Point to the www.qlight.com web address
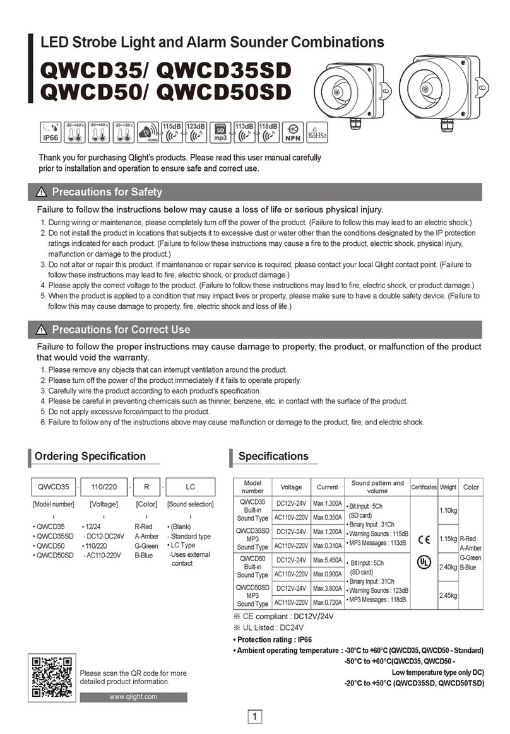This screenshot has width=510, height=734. click(x=133, y=697)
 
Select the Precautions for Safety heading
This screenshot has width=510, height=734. click(x=107, y=192)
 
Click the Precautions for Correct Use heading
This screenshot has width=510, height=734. click(x=121, y=329)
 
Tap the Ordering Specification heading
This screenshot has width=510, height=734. click(x=90, y=456)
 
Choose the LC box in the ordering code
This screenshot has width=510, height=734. click(x=191, y=487)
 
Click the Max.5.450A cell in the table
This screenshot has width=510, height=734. click(x=328, y=559)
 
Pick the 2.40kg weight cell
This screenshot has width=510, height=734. click(x=448, y=568)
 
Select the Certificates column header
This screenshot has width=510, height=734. click(x=424, y=487)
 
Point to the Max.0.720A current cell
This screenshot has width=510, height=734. click(x=328, y=603)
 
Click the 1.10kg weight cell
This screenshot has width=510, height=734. click(x=448, y=510)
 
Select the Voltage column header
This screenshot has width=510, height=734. click(x=291, y=487)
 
